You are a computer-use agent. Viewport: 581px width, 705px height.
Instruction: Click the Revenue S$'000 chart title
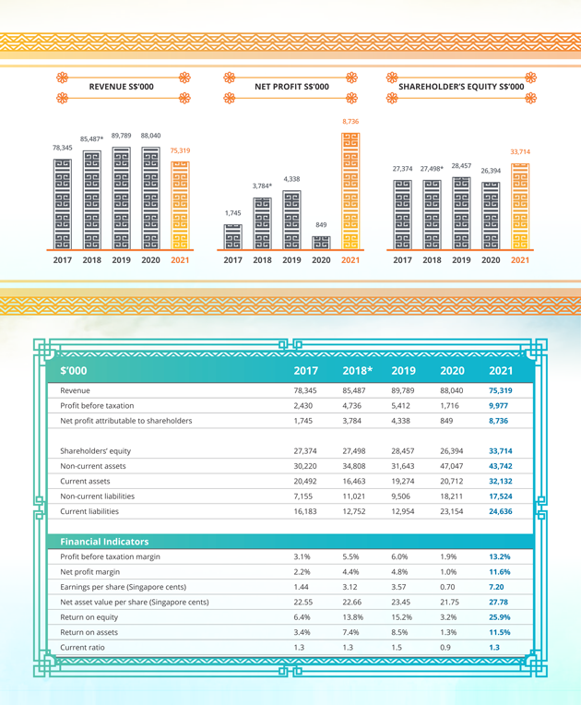click(x=121, y=87)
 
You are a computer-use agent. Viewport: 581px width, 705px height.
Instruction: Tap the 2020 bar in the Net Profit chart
click(x=321, y=243)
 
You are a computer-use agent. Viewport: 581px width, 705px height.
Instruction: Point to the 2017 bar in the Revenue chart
click(x=62, y=204)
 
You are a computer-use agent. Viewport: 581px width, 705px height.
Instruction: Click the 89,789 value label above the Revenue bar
click(x=121, y=136)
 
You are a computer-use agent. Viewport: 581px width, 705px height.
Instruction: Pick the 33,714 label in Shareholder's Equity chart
click(x=520, y=151)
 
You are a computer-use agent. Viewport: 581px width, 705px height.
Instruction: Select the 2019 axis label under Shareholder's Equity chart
click(x=461, y=260)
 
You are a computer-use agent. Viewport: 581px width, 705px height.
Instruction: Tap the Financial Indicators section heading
click(x=104, y=542)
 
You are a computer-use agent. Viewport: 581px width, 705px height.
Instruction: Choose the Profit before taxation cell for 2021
click(x=500, y=405)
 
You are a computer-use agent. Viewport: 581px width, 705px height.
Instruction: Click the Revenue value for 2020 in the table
click(x=451, y=390)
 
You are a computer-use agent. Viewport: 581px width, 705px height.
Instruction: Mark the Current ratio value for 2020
click(x=451, y=647)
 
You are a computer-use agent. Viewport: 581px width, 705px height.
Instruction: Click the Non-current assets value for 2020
click(x=451, y=466)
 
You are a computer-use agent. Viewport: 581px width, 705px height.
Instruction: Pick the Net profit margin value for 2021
click(x=500, y=572)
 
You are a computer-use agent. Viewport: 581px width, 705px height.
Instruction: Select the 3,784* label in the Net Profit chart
click(x=262, y=186)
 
